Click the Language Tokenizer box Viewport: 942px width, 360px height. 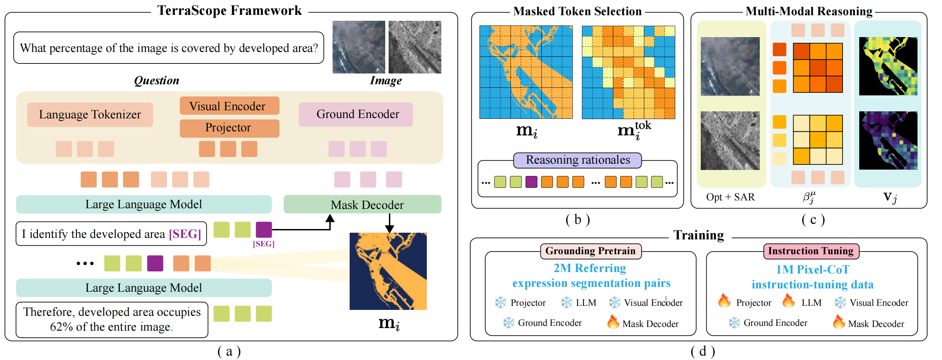pos(90,114)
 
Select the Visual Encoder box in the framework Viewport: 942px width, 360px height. pos(229,106)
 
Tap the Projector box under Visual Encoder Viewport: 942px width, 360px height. pos(229,128)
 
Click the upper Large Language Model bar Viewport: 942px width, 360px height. pos(144,204)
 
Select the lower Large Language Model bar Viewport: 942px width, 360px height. pos(144,288)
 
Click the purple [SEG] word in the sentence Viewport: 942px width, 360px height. pos(185,234)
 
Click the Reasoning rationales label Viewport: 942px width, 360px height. pos(578,160)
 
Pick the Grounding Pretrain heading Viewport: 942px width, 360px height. pos(591,251)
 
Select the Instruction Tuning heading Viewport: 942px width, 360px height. pos(811,251)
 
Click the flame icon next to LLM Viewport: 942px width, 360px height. pos(788,301)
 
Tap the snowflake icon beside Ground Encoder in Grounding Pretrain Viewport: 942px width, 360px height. pos(508,323)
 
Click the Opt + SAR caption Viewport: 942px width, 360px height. pos(730,197)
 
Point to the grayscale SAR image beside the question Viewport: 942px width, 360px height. pos(415,47)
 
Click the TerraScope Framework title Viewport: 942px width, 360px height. pos(229,10)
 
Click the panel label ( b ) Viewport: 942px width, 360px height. pos(577,220)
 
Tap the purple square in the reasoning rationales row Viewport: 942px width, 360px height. pos(531,182)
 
